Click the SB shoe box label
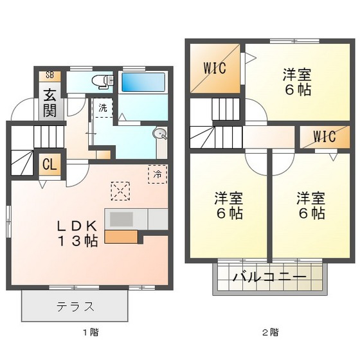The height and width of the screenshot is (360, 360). (x=50, y=75)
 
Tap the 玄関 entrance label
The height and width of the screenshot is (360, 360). (x=50, y=102)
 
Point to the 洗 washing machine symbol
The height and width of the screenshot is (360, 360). (x=103, y=107)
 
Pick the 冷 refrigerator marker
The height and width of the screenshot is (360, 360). (x=157, y=173)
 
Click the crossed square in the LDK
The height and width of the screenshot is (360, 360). (x=120, y=191)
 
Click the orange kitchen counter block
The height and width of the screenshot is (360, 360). (x=120, y=236)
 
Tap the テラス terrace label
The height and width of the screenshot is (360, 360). (x=76, y=306)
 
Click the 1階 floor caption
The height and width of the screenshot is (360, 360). (x=91, y=332)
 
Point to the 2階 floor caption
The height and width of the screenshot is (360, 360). (x=270, y=332)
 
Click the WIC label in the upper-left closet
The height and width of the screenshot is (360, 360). (x=215, y=68)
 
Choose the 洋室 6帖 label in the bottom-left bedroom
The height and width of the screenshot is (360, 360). (x=229, y=204)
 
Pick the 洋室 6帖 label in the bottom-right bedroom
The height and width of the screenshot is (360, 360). (x=310, y=204)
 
